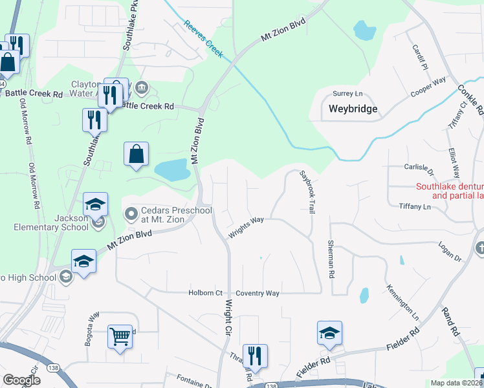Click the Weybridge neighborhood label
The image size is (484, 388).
[353, 109]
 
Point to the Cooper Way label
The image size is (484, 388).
[428, 88]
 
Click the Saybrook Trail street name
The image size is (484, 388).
[307, 188]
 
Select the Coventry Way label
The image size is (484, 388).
[258, 293]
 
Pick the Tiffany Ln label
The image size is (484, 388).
[415, 207]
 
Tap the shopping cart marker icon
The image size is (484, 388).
[120, 336]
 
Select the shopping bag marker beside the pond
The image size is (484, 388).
[136, 154]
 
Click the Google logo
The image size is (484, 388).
[21, 380]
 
